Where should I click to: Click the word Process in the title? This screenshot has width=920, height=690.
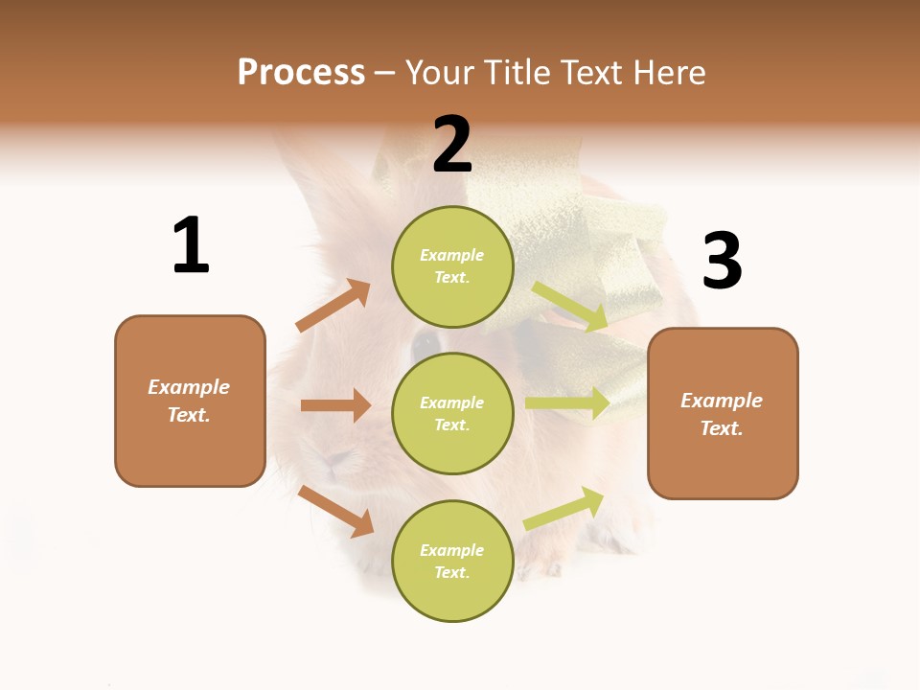click(301, 73)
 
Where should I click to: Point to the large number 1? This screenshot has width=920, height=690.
click(191, 245)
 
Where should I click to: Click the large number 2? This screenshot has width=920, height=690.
click(452, 145)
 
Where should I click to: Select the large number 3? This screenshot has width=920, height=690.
click(722, 262)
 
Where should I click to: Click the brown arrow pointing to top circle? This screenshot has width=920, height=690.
click(333, 306)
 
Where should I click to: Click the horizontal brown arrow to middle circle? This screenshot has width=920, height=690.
click(335, 405)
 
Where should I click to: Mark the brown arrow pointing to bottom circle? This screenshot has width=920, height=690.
click(336, 511)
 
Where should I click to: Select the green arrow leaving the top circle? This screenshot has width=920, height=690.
click(570, 308)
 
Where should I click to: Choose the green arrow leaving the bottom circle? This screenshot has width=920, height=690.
click(564, 509)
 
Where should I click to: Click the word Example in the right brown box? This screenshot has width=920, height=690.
click(722, 401)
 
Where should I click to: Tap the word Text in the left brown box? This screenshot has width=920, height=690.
click(188, 415)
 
